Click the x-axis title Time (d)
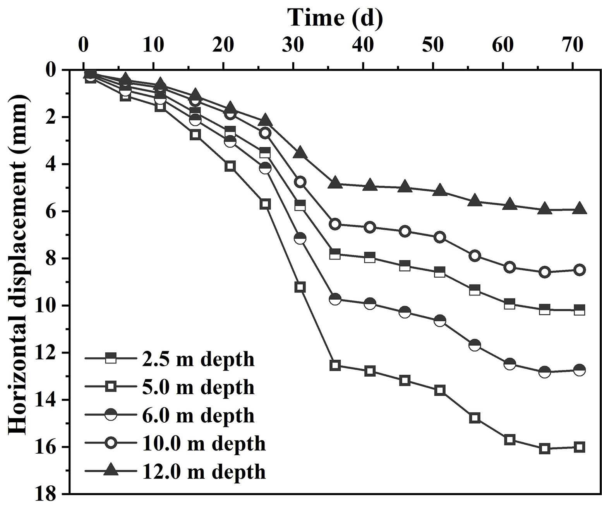(x=335, y=17)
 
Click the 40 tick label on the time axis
(x=363, y=45)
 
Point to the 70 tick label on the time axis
(x=573, y=45)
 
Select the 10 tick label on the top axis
(x=153, y=45)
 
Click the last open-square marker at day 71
(x=580, y=447)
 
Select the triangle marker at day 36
(x=335, y=183)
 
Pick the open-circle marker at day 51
(x=440, y=237)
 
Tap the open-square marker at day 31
(x=300, y=287)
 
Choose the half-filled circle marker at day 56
(x=475, y=345)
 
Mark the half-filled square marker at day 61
(x=509, y=304)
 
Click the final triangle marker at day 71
(x=580, y=208)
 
